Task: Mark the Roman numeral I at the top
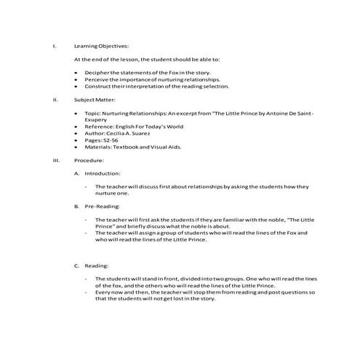click(55, 46)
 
